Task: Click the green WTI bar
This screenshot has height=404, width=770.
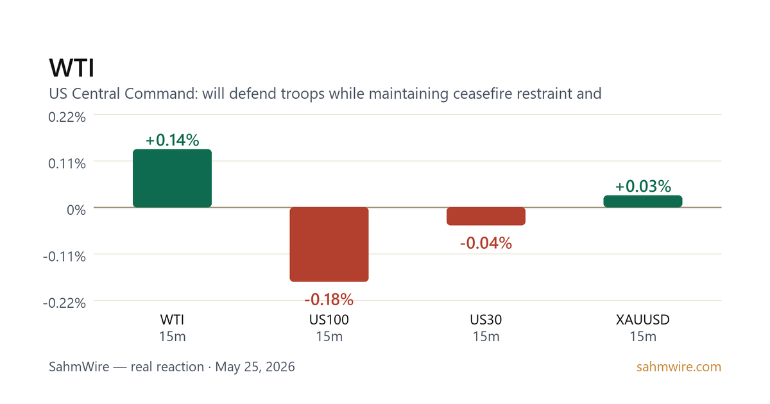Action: (172, 178)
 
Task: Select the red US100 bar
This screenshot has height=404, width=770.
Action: (329, 244)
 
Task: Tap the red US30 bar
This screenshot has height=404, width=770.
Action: (486, 217)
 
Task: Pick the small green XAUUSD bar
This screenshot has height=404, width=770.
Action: (643, 201)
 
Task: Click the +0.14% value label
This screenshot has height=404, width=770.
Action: (172, 140)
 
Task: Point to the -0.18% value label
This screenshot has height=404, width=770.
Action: (329, 299)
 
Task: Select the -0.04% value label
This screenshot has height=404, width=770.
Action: (486, 243)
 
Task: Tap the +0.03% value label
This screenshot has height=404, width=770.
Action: (643, 187)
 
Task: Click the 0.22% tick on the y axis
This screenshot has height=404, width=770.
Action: (67, 117)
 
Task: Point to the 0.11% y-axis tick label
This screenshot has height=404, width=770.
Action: (67, 164)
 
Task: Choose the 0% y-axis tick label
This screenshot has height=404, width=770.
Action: (76, 210)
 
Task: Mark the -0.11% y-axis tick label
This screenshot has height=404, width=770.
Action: (64, 257)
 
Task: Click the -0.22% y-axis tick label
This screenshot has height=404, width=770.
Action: (64, 303)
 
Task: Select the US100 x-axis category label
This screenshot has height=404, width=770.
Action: (329, 320)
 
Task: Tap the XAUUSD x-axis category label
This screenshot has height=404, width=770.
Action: (643, 320)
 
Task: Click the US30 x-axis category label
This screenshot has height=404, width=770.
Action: (486, 320)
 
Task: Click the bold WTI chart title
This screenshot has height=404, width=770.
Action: (71, 68)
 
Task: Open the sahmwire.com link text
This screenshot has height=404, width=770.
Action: (679, 367)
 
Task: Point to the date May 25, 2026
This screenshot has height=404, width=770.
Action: (255, 367)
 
